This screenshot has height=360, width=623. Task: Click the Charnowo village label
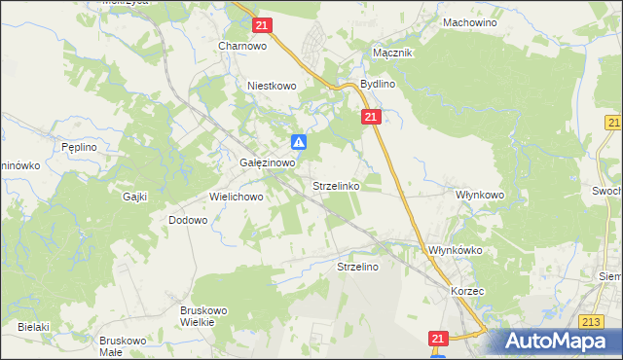(242, 46)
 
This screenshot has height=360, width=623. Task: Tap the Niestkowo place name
(272, 86)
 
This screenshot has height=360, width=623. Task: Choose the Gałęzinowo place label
(268, 163)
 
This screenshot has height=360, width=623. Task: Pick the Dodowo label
(188, 220)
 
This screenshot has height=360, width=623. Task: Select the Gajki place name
(134, 197)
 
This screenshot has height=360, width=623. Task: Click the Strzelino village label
(357, 266)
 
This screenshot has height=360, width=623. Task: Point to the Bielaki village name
(33, 327)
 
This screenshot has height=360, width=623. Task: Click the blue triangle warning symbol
(300, 142)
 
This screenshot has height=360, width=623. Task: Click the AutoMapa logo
(555, 342)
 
